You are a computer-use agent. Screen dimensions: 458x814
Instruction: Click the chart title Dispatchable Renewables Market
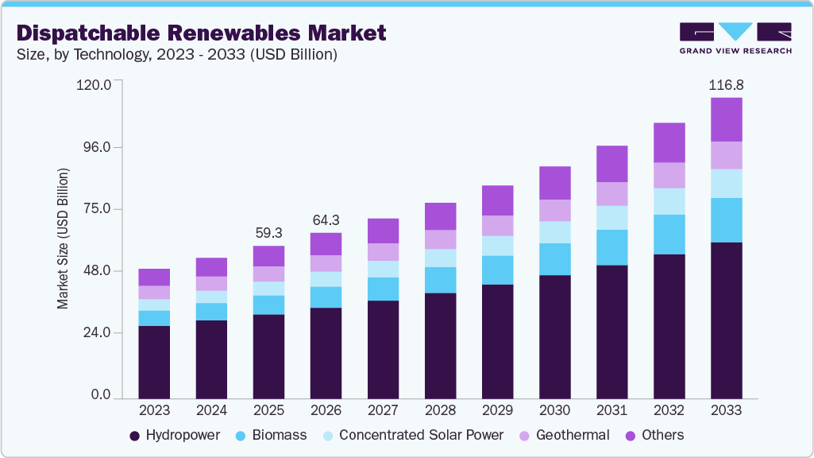pyautogui.click(x=201, y=33)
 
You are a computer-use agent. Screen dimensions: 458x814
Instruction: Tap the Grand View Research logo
pyautogui.click(x=735, y=38)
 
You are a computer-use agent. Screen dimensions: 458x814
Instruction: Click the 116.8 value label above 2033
pyautogui.click(x=726, y=84)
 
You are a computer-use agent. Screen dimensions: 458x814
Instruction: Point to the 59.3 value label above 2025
pyautogui.click(x=268, y=233)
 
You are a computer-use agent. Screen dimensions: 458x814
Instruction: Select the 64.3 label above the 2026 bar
pyautogui.click(x=326, y=219)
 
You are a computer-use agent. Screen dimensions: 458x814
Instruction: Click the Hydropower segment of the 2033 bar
pyautogui.click(x=726, y=320)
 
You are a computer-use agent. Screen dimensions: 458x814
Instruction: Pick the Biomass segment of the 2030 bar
pyautogui.click(x=554, y=259)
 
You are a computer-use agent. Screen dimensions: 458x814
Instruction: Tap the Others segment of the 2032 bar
pyautogui.click(x=669, y=142)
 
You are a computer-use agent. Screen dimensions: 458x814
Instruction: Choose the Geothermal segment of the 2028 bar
pyautogui.click(x=440, y=239)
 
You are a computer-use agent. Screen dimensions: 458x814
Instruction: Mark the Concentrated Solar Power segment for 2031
pyautogui.click(x=611, y=218)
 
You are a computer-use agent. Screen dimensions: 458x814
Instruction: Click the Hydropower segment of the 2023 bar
pyautogui.click(x=154, y=362)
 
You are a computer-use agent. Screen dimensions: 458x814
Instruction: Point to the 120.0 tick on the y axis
pyautogui.click(x=96, y=84)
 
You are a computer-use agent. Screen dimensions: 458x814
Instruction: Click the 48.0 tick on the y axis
pyautogui.click(x=98, y=271)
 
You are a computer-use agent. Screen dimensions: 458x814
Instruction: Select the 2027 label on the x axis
pyautogui.click(x=383, y=410)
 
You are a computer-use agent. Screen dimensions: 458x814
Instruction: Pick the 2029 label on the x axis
pyautogui.click(x=497, y=410)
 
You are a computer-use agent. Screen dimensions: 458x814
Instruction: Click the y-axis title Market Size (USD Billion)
pyautogui.click(x=63, y=239)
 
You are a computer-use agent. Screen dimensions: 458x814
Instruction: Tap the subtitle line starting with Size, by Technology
pyautogui.click(x=176, y=55)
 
